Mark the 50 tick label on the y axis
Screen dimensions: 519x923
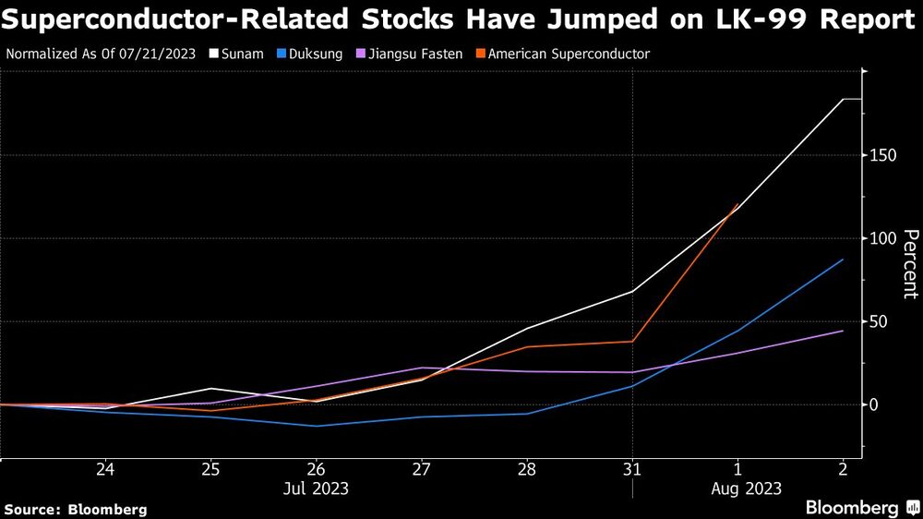(x=876, y=321)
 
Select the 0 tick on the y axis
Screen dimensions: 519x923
(x=872, y=404)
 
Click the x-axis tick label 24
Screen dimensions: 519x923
(x=105, y=469)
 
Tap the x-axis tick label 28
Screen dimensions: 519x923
(x=527, y=469)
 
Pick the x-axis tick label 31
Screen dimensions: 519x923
(x=632, y=469)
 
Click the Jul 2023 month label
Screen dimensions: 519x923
(x=317, y=489)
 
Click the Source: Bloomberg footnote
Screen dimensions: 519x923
(x=76, y=509)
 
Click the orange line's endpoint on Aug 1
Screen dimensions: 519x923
(x=737, y=205)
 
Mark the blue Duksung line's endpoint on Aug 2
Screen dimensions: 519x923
(x=843, y=259)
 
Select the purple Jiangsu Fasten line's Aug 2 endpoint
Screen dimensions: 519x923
(x=843, y=331)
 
